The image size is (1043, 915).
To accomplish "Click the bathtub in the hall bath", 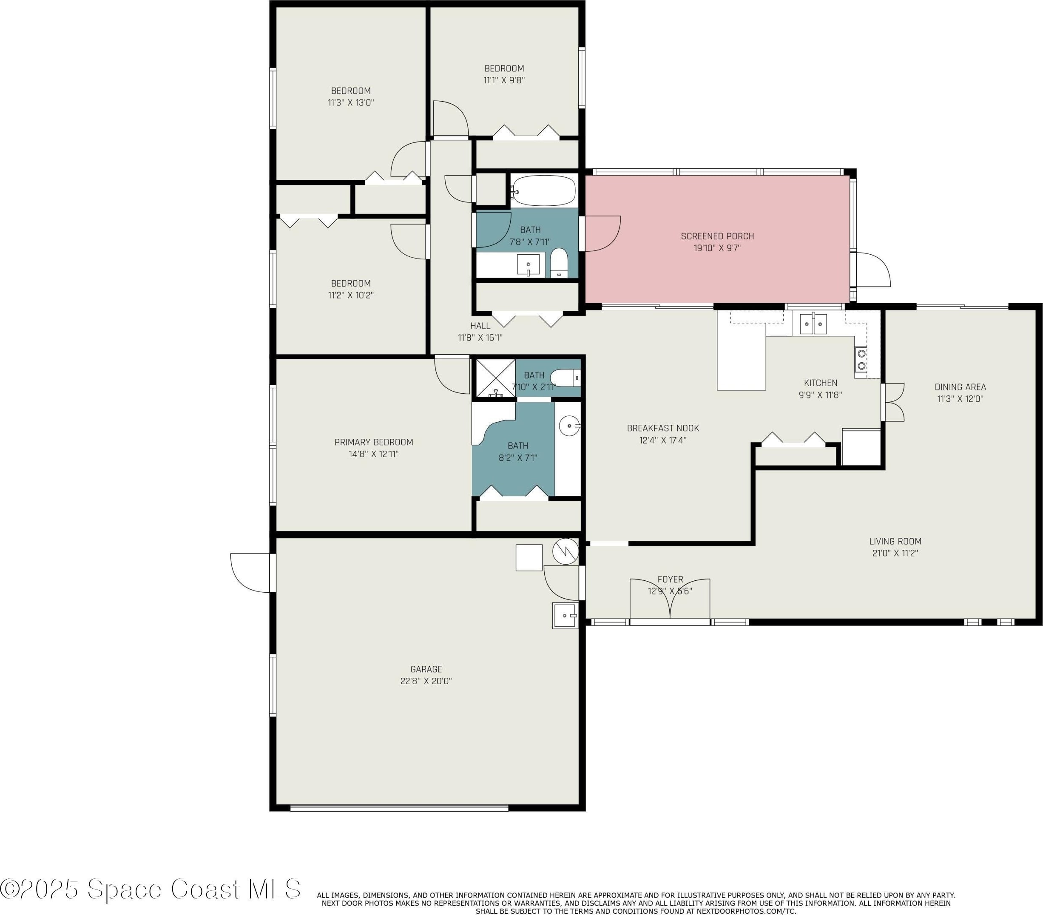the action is [543, 191].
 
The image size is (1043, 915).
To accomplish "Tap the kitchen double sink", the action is [813, 324].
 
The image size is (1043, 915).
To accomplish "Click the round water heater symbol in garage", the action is [566, 551].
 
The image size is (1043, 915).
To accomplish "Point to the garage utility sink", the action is [566, 615].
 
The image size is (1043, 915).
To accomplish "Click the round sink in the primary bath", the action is [569, 425].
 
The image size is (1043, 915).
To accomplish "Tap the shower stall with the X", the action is [495, 378].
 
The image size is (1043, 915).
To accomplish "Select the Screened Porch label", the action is [717, 236].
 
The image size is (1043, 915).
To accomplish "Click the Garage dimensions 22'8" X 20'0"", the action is [426, 681].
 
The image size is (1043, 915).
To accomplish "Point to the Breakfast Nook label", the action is [663, 428].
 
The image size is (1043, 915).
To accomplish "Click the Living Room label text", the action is [895, 541].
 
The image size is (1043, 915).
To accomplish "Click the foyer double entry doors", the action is [670, 600].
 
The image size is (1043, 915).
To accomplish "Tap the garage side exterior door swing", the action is [252, 573].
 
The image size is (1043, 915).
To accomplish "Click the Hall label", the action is [480, 326].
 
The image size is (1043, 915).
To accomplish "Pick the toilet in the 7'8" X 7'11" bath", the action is [559, 263].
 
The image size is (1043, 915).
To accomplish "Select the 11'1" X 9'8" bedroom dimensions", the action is [504, 80].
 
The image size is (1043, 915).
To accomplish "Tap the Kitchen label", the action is [821, 383].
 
